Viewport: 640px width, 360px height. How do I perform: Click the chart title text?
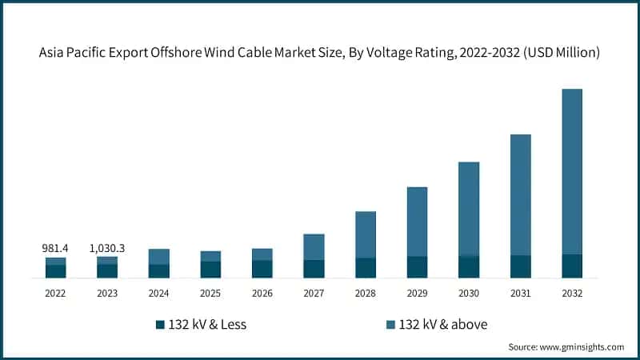tap(320, 53)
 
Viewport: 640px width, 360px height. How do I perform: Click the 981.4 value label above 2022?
tap(55, 249)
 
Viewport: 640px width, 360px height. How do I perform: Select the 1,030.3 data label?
tap(107, 249)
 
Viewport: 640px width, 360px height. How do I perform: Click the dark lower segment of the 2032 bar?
tap(572, 266)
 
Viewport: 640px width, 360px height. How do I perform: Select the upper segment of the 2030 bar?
tap(469, 209)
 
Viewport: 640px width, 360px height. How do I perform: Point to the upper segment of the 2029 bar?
tap(417, 222)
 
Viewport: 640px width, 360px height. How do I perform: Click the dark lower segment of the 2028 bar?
tap(366, 268)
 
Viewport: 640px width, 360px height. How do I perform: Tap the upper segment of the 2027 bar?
tap(314, 246)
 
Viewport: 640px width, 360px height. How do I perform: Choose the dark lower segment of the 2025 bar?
tap(210, 270)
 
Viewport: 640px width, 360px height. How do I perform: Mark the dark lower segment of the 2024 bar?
tap(158, 271)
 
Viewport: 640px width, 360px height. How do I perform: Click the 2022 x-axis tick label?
tap(55, 294)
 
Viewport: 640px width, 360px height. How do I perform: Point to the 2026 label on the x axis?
tap(262, 294)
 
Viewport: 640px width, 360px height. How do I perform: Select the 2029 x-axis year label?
tap(417, 294)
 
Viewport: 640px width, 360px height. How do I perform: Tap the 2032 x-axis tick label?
tap(572, 294)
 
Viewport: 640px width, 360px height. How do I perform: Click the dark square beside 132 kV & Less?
tap(160, 325)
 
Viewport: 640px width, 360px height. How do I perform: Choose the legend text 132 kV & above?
tap(442, 325)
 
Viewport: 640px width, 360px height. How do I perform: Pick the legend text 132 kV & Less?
tap(207, 325)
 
